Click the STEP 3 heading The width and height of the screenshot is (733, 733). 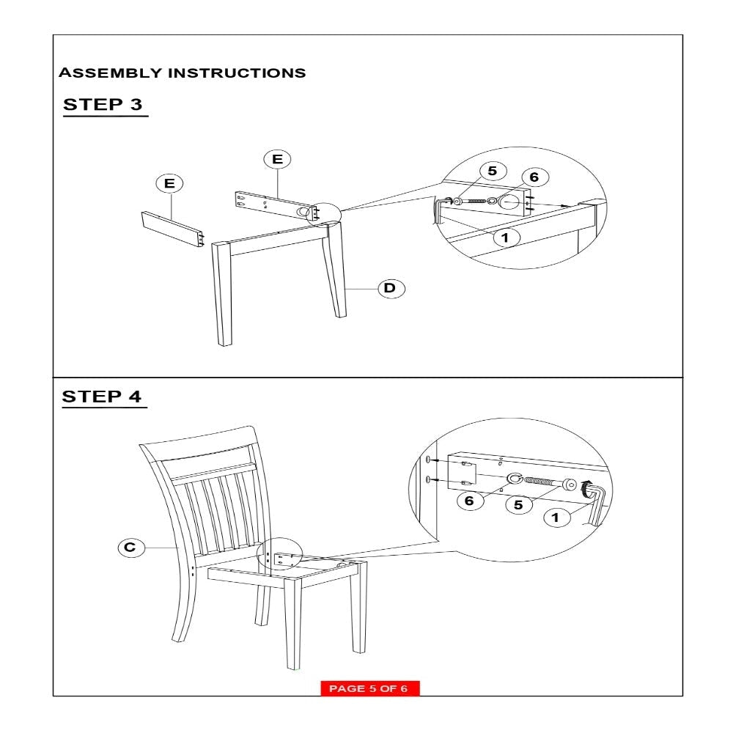coord(103,104)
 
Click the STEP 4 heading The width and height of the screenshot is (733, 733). coord(101,397)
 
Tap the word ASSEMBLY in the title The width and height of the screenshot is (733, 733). coord(111,73)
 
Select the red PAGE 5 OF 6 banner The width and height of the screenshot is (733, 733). coord(369,688)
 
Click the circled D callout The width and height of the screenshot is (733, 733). coord(391,288)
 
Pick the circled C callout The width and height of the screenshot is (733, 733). coord(131,548)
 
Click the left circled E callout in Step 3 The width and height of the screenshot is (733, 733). coord(169,183)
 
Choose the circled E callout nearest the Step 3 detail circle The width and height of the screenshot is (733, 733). coord(277,159)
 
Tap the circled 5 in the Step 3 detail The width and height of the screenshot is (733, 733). coord(493,171)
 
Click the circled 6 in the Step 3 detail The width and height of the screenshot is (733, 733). coord(535,177)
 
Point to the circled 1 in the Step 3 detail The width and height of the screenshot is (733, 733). coord(506,237)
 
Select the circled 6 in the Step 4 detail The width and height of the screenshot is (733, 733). coord(470,501)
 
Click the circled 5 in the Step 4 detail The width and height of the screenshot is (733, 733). coord(519,505)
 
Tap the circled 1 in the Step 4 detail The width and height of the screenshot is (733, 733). coord(556,517)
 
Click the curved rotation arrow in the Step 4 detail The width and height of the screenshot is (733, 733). coord(584,488)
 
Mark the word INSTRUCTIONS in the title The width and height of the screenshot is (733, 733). coord(237,73)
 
